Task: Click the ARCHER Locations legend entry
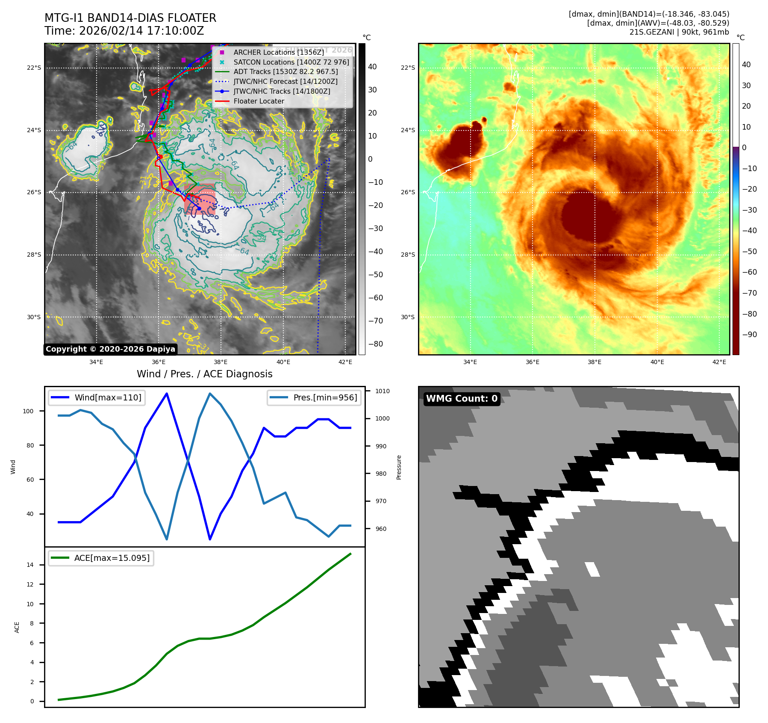click(x=278, y=52)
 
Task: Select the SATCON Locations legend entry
click(x=291, y=62)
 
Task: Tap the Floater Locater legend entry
click(x=259, y=101)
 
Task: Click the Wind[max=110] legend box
click(x=97, y=397)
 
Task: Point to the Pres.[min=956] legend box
click(x=314, y=397)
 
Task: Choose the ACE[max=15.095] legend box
click(x=101, y=558)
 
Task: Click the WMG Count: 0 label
click(x=462, y=399)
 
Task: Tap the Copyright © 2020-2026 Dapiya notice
click(x=110, y=349)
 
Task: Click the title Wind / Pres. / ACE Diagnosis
click(x=204, y=374)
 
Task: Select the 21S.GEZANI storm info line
click(x=679, y=32)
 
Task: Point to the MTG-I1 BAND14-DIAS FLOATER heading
click(x=130, y=18)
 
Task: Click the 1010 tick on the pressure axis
click(x=382, y=391)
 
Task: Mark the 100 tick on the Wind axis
click(x=28, y=411)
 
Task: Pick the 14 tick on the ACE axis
click(x=30, y=565)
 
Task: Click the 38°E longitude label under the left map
click(x=221, y=362)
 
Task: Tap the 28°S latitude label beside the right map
click(x=408, y=255)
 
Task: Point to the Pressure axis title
click(x=399, y=467)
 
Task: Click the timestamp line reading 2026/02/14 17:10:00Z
click(x=124, y=31)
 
